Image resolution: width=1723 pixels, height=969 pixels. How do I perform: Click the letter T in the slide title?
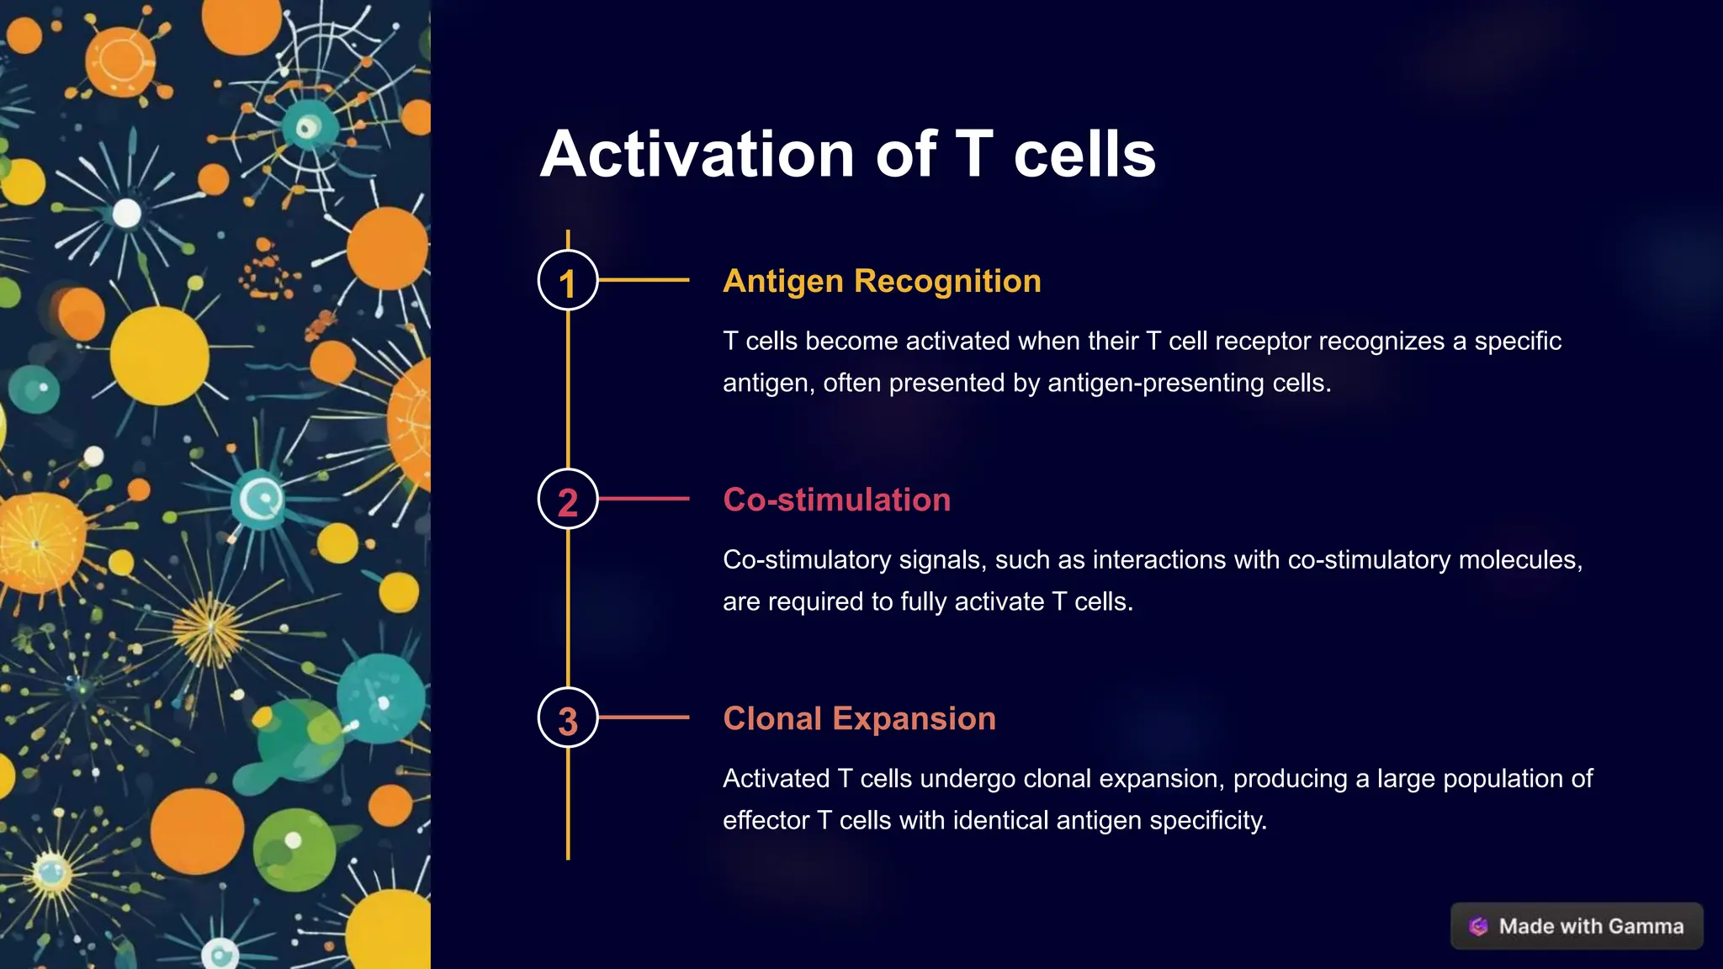pyautogui.click(x=974, y=155)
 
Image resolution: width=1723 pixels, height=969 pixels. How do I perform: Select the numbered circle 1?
pyautogui.click(x=568, y=281)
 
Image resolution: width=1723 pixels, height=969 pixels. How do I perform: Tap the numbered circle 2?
pyautogui.click(x=568, y=500)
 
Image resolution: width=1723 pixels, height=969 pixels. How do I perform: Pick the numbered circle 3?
pyautogui.click(x=568, y=718)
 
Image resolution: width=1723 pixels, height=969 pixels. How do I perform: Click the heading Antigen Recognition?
pyautogui.click(x=882, y=281)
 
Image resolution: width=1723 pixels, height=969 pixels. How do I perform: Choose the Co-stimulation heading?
pyautogui.click(x=836, y=500)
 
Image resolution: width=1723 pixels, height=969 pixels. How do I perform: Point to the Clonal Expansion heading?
pyautogui.click(x=859, y=718)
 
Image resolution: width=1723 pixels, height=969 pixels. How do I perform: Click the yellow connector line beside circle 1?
pyautogui.click(x=644, y=280)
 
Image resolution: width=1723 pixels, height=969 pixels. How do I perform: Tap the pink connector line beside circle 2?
pyautogui.click(x=644, y=499)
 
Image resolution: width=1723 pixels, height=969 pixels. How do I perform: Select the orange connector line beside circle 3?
pyautogui.click(x=644, y=717)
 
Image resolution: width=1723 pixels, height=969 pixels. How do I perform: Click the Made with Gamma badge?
pyautogui.click(x=1577, y=926)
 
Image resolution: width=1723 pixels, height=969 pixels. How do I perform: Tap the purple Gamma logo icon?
pyautogui.click(x=1478, y=926)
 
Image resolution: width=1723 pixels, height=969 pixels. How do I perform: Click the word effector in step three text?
pyautogui.click(x=766, y=821)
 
